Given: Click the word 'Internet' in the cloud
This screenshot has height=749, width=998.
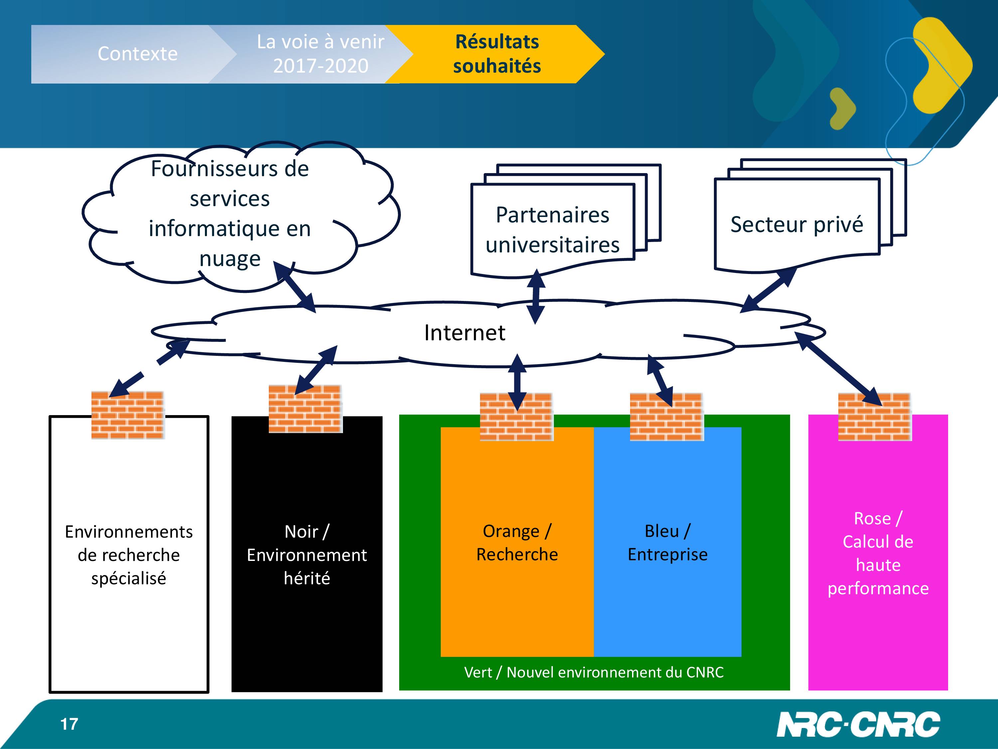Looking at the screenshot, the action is (465, 333).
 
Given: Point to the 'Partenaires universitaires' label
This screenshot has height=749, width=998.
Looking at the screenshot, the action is (552, 230).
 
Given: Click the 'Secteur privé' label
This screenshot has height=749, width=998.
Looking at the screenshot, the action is (797, 224).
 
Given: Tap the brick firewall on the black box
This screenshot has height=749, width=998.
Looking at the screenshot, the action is (305, 408).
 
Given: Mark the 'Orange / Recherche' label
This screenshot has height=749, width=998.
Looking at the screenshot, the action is (517, 543).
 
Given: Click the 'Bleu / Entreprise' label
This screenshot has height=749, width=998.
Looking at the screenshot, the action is (668, 543).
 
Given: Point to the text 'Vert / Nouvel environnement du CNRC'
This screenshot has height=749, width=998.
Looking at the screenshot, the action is (594, 672).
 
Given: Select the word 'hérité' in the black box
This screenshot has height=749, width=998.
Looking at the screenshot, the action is (307, 578).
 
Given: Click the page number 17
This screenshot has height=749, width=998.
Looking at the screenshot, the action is (70, 724).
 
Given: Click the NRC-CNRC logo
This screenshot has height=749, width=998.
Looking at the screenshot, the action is (858, 725).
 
